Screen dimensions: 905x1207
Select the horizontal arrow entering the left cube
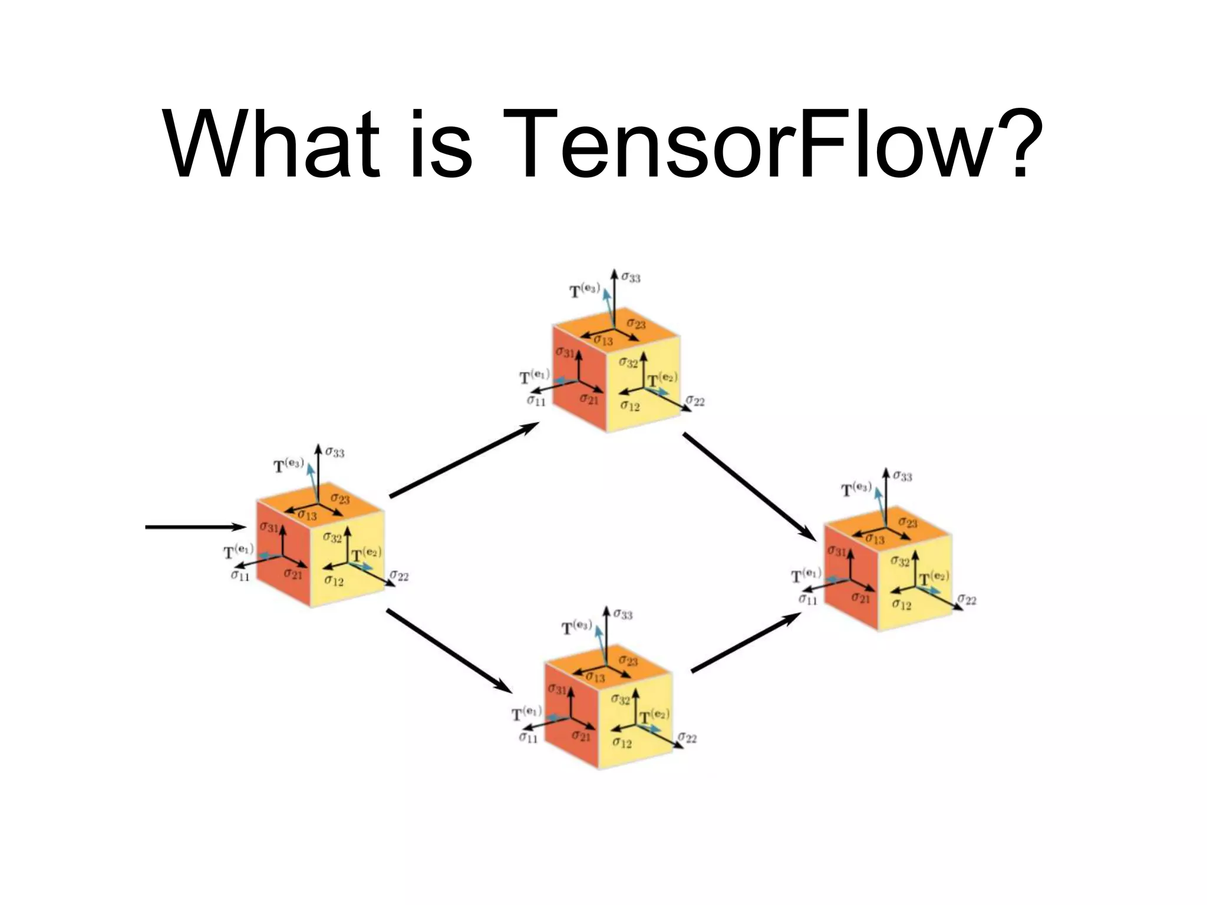point(194,527)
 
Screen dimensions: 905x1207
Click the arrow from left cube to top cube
point(464,461)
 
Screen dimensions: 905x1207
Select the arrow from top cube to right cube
point(748,486)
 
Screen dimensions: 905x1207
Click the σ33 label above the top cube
point(631,277)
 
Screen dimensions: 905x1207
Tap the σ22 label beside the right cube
point(967,600)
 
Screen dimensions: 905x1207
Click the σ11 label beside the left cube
point(240,575)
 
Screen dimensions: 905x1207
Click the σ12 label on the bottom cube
point(622,742)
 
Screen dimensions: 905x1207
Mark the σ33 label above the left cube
point(335,452)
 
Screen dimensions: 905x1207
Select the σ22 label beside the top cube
point(695,401)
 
